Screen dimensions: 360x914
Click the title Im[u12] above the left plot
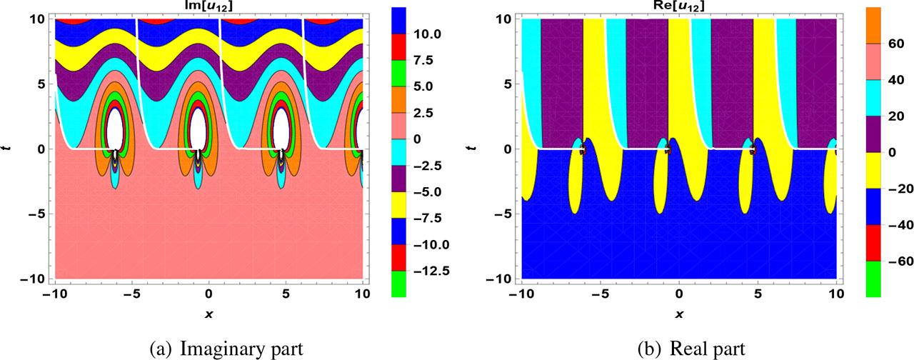point(209,7)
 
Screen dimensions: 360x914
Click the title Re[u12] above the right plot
point(678,7)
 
